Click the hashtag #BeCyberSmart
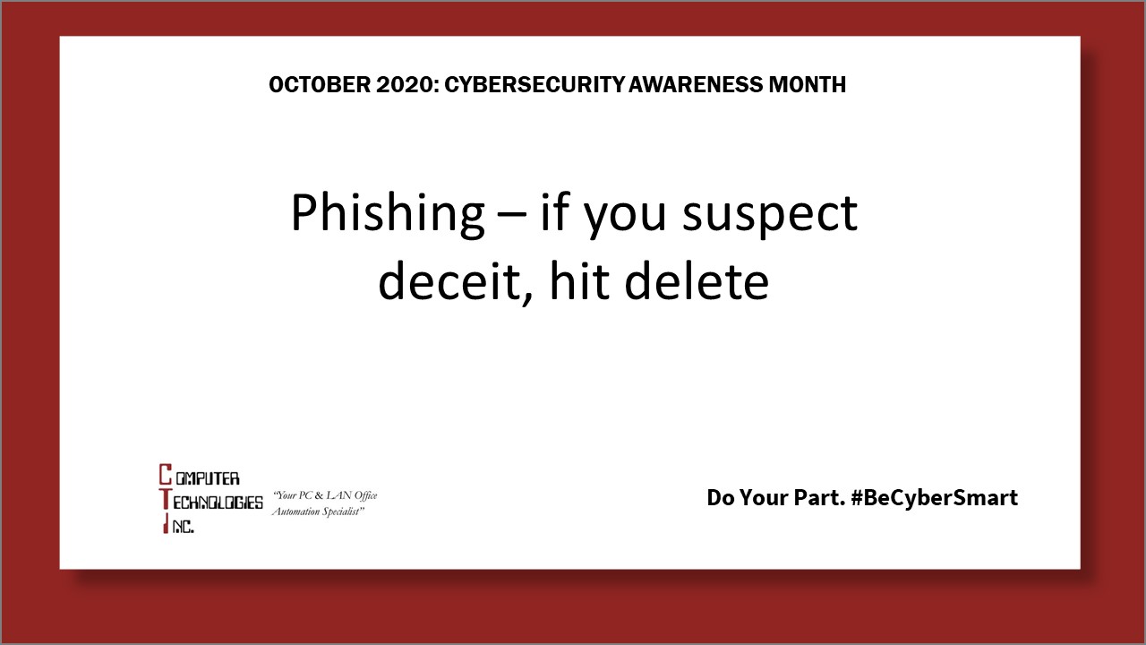pos(935,497)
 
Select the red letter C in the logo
pos(165,475)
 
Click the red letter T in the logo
pos(165,501)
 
